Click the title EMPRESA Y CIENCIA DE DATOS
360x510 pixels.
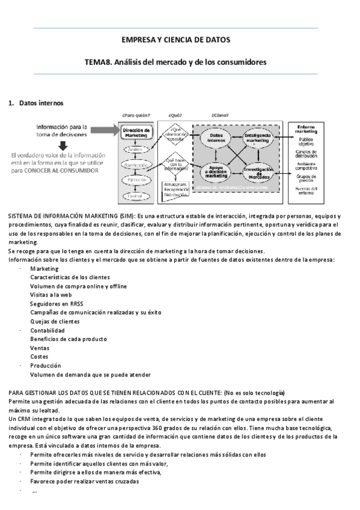coord(175,40)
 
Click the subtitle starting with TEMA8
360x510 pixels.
coord(175,61)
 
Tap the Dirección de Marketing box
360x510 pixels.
coord(136,132)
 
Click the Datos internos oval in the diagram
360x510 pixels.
coord(216,138)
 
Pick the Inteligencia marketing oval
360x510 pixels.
coord(258,139)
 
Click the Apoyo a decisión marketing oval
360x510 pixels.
coord(216,172)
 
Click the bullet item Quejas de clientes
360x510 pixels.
coord(55,321)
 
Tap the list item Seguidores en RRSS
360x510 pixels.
coord(56,304)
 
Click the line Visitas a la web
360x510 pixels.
coord(51,295)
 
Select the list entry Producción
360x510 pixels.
coord(46,365)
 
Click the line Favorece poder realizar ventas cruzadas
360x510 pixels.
coord(84,481)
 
